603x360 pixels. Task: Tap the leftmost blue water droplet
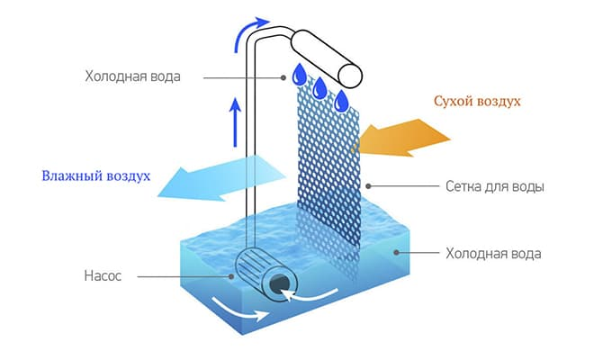[300, 71]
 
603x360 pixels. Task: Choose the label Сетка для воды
[495, 187]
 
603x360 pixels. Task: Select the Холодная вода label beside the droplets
[132, 76]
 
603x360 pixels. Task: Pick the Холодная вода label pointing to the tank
[493, 254]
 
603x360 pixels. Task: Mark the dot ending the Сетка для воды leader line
[367, 186]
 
